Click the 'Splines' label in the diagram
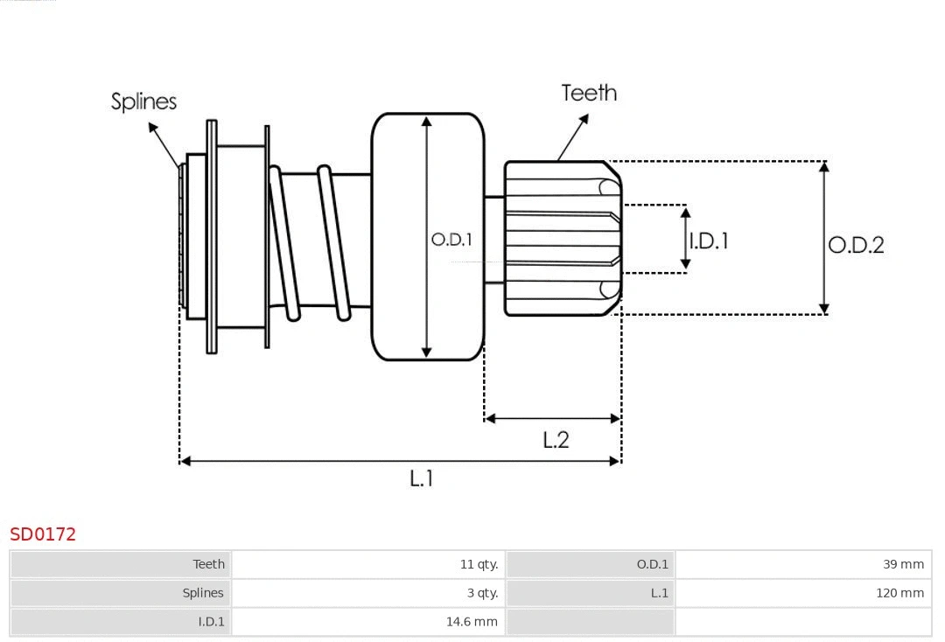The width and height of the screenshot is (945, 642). coord(143,101)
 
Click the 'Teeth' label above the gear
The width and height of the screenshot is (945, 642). coord(588,93)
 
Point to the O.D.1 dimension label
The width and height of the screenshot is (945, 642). coord(451,239)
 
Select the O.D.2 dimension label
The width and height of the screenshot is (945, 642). coord(856,245)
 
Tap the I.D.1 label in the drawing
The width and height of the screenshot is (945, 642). coord(709,241)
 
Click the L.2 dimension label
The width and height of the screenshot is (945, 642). coord(556,440)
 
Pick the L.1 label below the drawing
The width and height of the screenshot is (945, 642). coord(422,478)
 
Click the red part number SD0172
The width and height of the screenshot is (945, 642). coord(43,534)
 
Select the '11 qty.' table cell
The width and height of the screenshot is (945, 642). coord(479,564)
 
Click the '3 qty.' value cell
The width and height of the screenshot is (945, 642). coord(482,593)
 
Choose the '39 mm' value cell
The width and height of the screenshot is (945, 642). coord(903,564)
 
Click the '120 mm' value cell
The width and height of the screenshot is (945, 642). coord(899,593)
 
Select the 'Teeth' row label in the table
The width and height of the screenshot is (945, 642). coord(208,564)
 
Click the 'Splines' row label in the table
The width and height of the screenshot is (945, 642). coord(203,593)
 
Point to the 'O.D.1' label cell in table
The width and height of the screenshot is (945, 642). coord(652,564)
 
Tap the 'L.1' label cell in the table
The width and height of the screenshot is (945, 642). coord(659,593)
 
